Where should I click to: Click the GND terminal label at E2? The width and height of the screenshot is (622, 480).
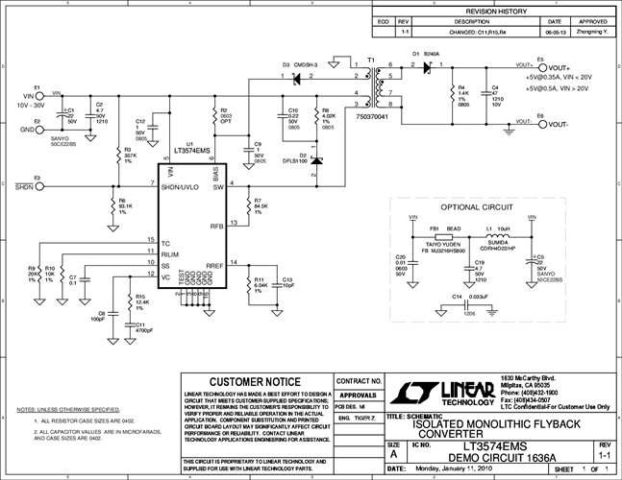[28, 127]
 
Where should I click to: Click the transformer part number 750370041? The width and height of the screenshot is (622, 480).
[373, 116]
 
